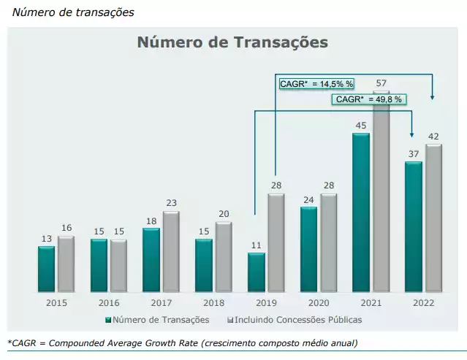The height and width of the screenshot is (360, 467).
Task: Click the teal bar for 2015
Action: (47, 268)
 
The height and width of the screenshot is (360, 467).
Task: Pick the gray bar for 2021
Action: (381, 197)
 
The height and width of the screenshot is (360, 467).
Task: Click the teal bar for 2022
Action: (414, 226)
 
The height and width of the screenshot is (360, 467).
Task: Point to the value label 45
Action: (361, 126)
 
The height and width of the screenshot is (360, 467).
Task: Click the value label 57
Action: (381, 83)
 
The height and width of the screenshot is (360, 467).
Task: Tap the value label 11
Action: (256, 245)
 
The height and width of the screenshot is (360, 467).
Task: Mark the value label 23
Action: (171, 204)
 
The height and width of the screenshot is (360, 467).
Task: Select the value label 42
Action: (433, 137)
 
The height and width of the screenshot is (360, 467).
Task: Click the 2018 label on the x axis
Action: (214, 302)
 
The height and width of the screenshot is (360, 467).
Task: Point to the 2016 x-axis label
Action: (109, 302)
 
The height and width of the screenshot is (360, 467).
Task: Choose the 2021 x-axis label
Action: (371, 302)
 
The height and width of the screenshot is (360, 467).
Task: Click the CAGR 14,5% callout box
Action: (316, 84)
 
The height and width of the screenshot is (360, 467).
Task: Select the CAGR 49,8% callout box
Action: (369, 99)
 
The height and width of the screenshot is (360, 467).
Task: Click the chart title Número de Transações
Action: (232, 42)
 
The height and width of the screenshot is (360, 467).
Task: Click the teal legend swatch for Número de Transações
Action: (109, 320)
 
